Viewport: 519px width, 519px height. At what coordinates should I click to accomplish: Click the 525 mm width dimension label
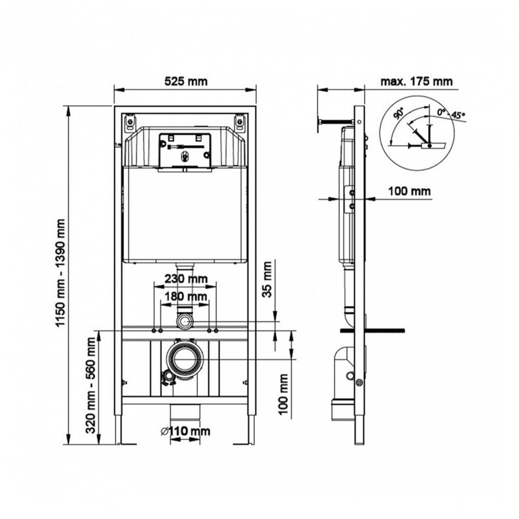coord(186,81)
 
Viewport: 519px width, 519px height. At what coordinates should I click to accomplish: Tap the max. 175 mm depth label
coord(416,81)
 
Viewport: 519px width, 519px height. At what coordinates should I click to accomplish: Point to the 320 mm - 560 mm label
coord(91,385)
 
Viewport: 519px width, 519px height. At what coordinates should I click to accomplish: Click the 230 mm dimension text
coord(186,279)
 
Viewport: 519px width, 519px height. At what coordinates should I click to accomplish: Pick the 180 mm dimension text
coord(186,296)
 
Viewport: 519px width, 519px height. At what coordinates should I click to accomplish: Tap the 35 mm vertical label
coord(267,279)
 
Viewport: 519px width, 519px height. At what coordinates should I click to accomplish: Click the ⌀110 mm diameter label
coord(185,431)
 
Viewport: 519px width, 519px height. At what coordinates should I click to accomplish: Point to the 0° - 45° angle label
coord(451,113)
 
